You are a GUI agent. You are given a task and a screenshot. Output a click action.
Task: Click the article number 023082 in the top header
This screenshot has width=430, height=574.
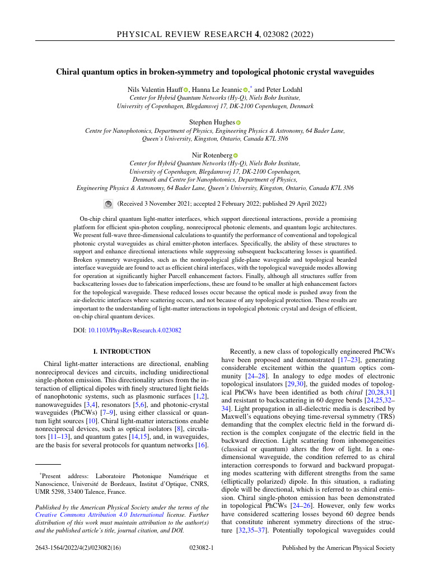tap(274, 35)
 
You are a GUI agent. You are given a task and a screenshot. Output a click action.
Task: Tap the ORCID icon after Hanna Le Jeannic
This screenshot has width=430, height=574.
tap(245, 90)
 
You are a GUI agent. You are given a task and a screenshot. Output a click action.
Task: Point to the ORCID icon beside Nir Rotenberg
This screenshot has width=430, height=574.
tap(236, 155)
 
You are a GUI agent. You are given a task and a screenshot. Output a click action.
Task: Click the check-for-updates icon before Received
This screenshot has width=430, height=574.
tap(109, 204)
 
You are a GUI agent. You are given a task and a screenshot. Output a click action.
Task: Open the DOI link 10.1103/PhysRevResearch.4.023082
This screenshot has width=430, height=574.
tap(135, 331)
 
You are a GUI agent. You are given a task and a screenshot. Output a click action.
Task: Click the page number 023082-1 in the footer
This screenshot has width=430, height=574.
tap(202, 547)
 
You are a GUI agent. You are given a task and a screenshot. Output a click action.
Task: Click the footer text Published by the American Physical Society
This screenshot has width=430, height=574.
tap(338, 547)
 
